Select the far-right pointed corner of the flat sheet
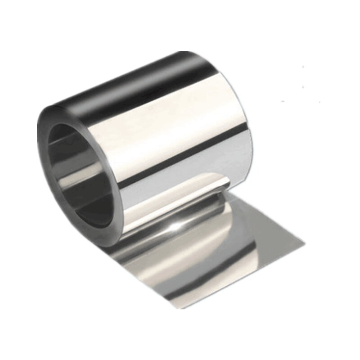coord(304,245)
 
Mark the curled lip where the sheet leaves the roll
coord(216,182)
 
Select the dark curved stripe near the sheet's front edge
coord(148,261)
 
